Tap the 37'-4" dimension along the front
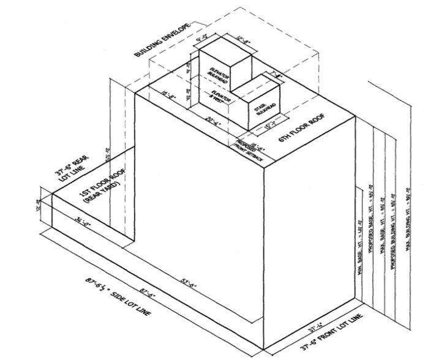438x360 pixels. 315,325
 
